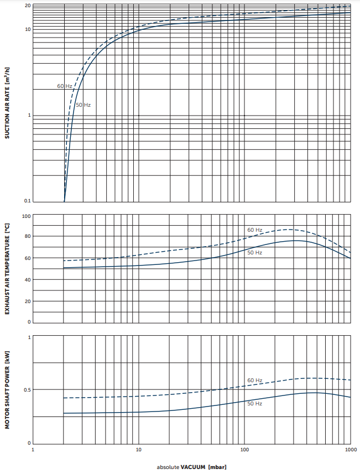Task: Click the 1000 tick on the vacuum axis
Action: (x=350, y=451)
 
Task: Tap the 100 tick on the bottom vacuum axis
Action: (x=244, y=451)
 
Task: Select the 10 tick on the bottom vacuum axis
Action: (x=138, y=451)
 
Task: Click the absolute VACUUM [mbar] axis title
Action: (x=191, y=467)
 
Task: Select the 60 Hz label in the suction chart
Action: (x=64, y=86)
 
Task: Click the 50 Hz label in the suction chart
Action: (x=83, y=105)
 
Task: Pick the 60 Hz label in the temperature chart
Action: (x=254, y=230)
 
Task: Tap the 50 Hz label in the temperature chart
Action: (x=254, y=253)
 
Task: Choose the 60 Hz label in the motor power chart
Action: (x=254, y=381)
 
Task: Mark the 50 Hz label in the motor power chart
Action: (x=254, y=404)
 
